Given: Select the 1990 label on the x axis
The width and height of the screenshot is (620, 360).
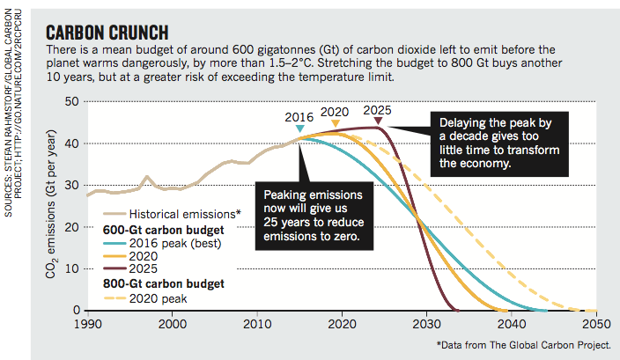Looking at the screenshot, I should (x=88, y=324).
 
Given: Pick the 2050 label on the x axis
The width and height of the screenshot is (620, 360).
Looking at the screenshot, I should (x=595, y=324).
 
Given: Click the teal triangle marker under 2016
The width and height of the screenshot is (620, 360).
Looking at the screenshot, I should (x=299, y=129).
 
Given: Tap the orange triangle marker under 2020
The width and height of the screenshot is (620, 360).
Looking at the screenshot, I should (x=335, y=123).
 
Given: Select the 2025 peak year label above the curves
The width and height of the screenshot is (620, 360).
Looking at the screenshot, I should (x=377, y=111).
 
